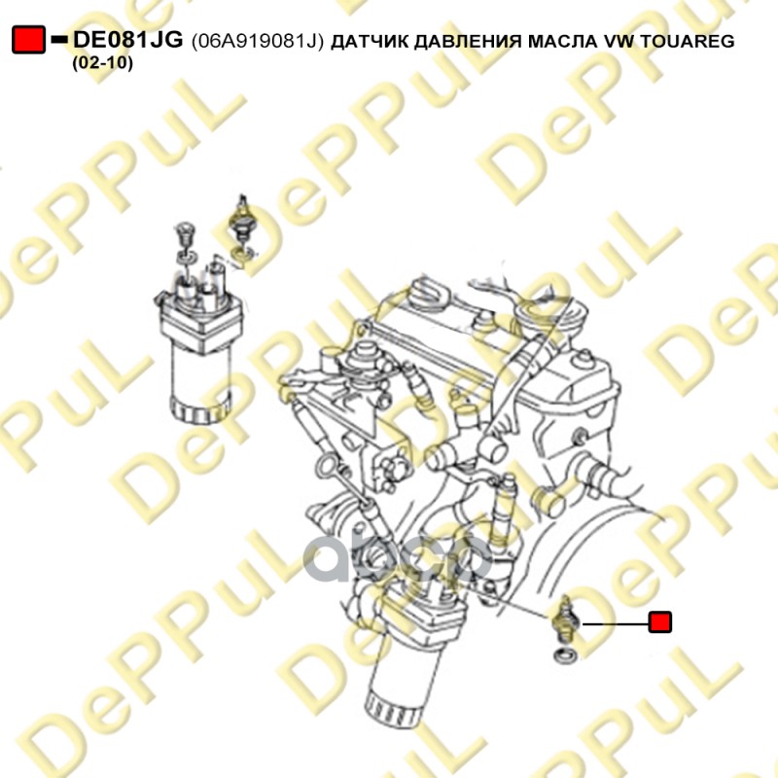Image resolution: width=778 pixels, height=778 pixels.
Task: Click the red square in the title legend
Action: click(28, 40)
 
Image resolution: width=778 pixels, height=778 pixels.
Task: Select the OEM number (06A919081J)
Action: click(259, 41)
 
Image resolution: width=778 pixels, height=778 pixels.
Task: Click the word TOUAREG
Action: click(689, 41)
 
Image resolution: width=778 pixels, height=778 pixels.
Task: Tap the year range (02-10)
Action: click(103, 63)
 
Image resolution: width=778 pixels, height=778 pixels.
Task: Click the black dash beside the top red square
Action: click(58, 40)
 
